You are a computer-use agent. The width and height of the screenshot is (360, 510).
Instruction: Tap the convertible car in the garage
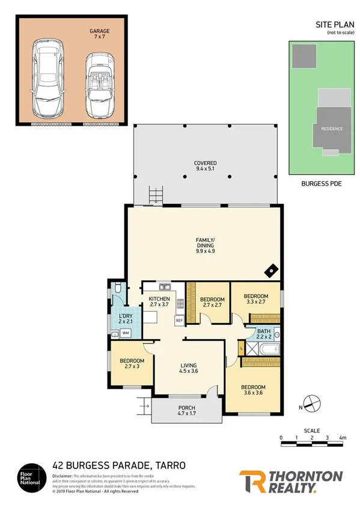[99, 85]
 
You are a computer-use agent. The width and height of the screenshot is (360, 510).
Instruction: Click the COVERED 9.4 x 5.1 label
[205, 166]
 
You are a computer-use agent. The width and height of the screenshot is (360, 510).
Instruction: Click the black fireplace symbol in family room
[272, 271]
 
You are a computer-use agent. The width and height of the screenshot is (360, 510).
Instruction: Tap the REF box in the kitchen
[178, 321]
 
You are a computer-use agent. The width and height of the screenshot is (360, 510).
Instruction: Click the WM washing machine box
[126, 332]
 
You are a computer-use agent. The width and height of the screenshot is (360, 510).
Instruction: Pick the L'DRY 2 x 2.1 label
[126, 319]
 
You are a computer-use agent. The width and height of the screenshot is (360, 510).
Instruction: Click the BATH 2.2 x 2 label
[264, 334]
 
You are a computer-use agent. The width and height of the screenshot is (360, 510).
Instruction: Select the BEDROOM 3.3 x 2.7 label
[257, 299]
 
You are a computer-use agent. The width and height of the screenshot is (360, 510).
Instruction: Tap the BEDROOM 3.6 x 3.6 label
[253, 390]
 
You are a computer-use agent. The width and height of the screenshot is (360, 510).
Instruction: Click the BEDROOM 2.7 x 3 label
[130, 364]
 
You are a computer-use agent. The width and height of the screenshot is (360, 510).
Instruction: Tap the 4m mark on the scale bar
[343, 437]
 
